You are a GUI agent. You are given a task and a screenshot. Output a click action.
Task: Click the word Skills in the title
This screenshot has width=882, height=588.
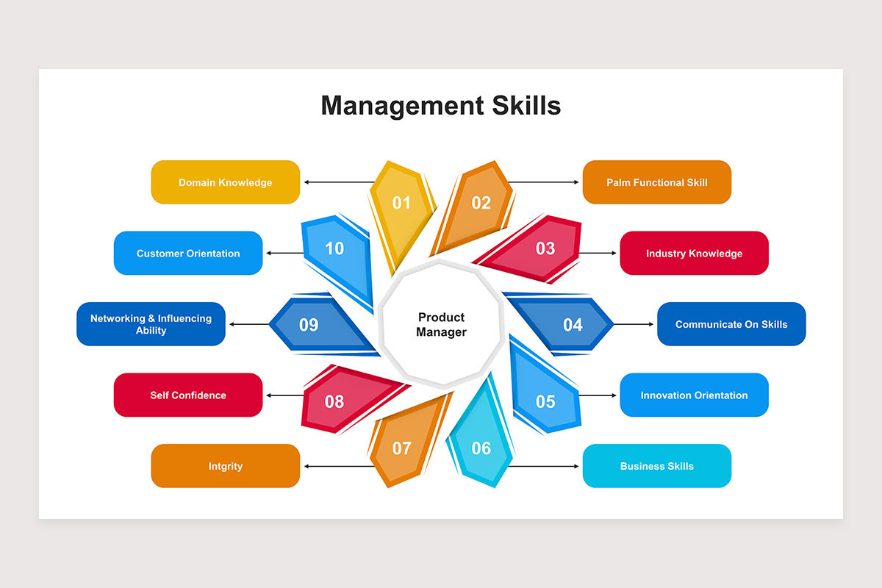(526, 106)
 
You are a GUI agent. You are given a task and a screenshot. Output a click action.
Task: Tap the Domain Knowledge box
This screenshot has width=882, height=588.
(225, 182)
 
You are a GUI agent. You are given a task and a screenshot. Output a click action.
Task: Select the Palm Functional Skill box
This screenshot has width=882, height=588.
(657, 182)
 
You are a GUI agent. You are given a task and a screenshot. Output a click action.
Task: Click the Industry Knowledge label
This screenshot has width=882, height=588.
(694, 254)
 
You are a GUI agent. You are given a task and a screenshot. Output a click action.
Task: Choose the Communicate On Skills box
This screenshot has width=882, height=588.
(731, 324)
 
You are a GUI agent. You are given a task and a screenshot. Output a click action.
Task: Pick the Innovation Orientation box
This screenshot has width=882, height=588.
(694, 395)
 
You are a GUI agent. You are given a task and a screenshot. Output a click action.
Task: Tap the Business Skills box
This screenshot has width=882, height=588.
(657, 466)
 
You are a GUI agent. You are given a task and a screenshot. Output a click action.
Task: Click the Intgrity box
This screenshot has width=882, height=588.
(225, 466)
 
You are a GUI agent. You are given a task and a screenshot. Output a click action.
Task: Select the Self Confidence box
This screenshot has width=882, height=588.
(188, 395)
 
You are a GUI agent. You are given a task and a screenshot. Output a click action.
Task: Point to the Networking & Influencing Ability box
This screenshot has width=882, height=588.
(151, 324)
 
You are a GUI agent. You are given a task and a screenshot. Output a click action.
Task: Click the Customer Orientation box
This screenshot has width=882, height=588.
(188, 254)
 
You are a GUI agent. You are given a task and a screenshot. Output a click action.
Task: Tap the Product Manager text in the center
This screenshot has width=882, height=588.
(441, 325)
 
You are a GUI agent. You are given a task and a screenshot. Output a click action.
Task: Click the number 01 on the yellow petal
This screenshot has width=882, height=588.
(401, 203)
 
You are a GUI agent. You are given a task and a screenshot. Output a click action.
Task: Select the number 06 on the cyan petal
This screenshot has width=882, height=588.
(481, 448)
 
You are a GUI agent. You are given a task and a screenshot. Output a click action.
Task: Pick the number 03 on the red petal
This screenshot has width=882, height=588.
(545, 248)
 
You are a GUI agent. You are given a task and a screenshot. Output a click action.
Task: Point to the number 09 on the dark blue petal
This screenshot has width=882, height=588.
(308, 325)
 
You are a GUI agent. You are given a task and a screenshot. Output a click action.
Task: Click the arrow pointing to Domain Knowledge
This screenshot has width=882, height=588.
(340, 182)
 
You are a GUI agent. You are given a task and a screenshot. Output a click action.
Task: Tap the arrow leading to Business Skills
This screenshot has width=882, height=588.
(543, 466)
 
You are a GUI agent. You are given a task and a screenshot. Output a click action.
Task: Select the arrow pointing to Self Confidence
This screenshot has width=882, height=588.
(285, 395)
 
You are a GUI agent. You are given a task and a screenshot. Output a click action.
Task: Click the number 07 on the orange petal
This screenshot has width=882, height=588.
(401, 448)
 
